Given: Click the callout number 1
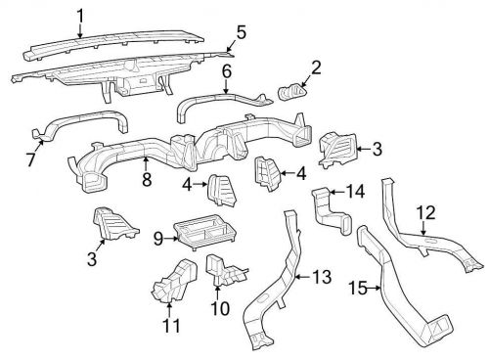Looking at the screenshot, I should click(x=81, y=15).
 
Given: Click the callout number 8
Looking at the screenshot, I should click(x=147, y=179).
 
